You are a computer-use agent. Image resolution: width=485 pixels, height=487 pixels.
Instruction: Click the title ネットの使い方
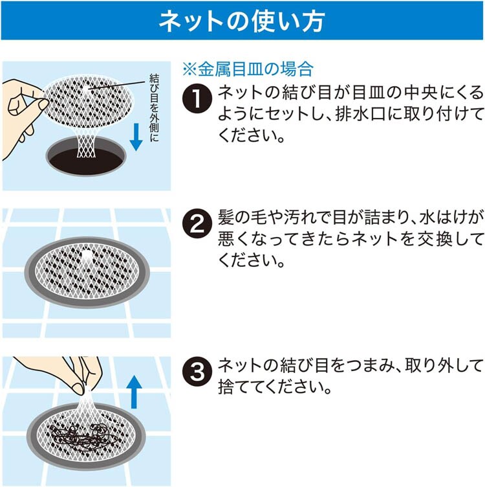coord(242,21)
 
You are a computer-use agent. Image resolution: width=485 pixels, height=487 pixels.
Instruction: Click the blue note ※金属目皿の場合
coord(248,69)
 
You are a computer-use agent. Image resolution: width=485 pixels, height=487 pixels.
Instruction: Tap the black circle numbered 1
coord(197,98)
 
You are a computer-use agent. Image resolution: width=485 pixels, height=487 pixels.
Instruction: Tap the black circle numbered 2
coord(197,223)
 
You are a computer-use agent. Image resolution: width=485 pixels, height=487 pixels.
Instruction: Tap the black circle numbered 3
coord(197,371)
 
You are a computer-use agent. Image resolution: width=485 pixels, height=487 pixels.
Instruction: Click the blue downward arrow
coord(136,137)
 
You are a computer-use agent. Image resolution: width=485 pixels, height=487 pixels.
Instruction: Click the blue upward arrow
coord(134,392)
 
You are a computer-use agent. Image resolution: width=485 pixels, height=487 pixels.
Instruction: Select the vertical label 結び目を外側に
coord(154,108)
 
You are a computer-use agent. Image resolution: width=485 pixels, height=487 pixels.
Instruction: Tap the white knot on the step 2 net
coord(87,255)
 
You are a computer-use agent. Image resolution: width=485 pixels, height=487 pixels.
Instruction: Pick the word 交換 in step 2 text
coord(434,239)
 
